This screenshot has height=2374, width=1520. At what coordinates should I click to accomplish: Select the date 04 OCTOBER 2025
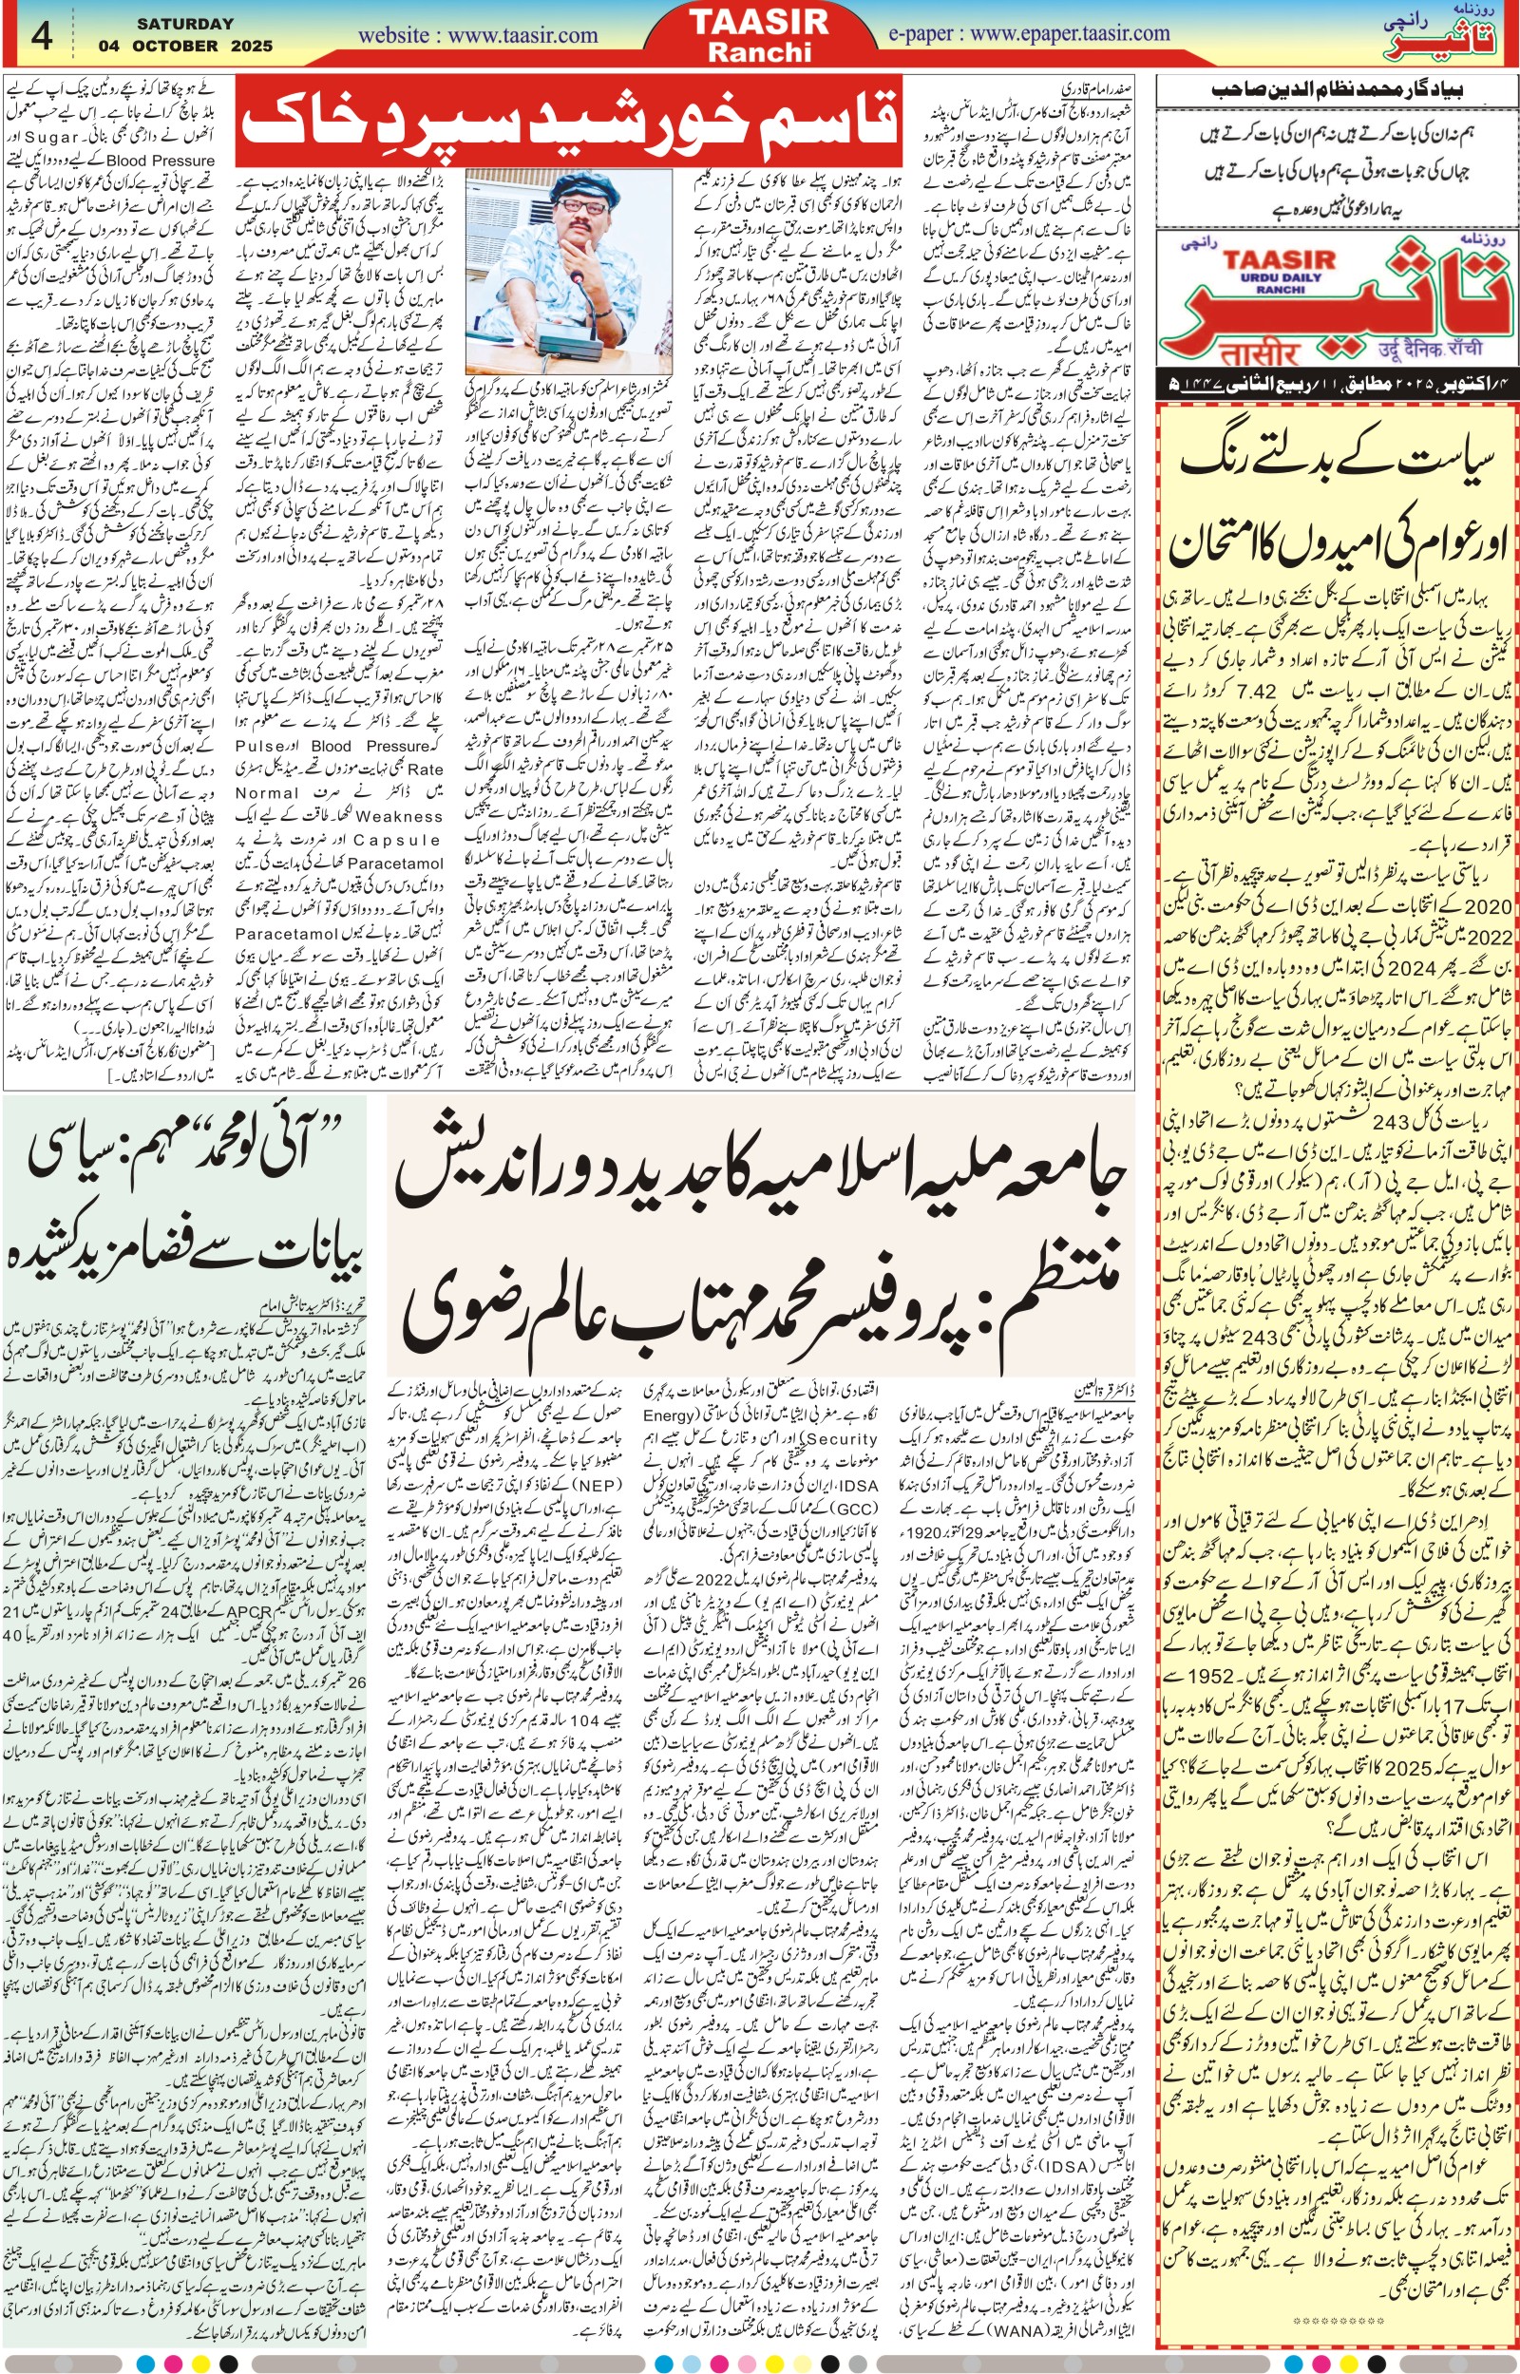coord(185,46)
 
